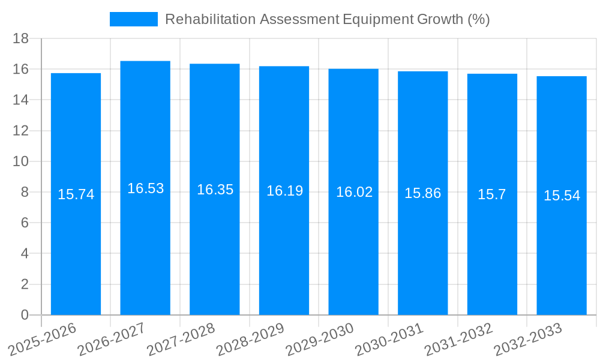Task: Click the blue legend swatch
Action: pos(133,19)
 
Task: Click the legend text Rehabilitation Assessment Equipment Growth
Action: pos(327,19)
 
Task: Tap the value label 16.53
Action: pos(145,188)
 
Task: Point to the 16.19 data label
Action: pos(284,191)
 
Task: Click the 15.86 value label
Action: pos(422,193)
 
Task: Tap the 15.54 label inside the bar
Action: pos(562,196)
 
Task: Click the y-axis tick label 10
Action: pos(21,161)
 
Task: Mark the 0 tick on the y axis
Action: pos(25,315)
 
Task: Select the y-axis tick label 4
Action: pos(25,254)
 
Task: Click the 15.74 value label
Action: pos(76,194)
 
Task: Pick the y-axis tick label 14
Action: pos(21,100)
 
